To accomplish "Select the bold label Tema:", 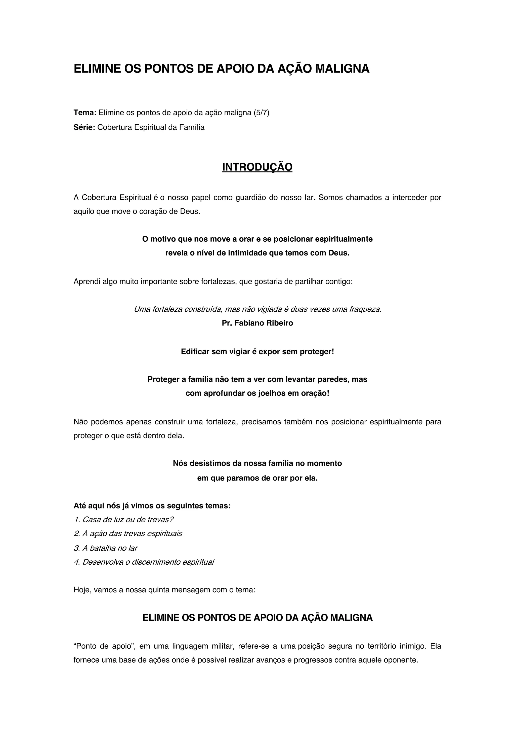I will click(x=85, y=113).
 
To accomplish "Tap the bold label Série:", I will click(x=84, y=127).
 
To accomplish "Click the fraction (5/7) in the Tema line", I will click(x=261, y=113).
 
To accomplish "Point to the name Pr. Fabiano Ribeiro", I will click(x=257, y=323).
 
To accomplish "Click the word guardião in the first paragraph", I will click(x=250, y=198).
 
